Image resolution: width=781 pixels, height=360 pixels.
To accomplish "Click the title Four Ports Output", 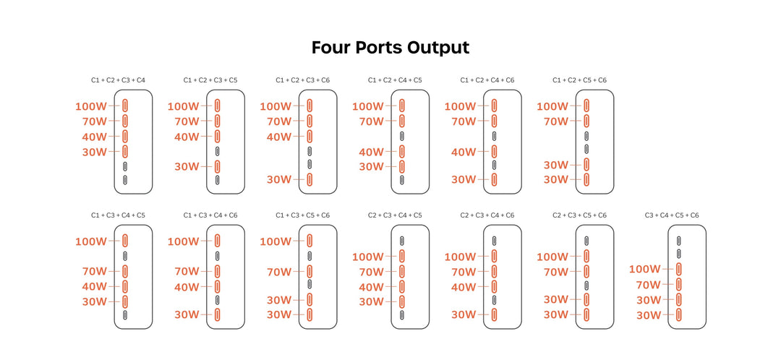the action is [x=390, y=47].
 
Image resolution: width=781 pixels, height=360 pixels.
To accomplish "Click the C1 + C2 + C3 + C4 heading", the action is [x=118, y=80].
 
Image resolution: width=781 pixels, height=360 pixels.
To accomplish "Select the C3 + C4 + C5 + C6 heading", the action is [x=672, y=215].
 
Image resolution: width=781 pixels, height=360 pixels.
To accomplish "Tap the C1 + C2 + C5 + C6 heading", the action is [x=580, y=80].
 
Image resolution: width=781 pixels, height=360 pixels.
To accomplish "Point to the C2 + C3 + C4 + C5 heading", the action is [x=395, y=215].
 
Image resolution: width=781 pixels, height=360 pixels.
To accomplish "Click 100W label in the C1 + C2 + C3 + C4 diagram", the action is [x=90, y=106].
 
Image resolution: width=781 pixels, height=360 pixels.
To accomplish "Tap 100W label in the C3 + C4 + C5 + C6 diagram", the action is [x=644, y=269].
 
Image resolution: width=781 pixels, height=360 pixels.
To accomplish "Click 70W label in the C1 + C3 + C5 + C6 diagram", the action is [x=279, y=272].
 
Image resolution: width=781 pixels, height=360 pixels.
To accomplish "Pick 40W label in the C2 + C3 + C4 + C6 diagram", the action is [x=464, y=287].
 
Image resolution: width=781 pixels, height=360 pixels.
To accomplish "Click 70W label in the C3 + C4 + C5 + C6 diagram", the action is [x=648, y=285].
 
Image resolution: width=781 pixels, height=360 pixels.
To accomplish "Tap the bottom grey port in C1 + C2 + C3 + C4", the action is [x=125, y=180].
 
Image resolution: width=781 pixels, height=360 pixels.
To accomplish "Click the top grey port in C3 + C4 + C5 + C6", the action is [x=679, y=241].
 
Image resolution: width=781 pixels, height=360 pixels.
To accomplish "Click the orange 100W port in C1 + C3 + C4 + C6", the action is [x=217, y=241].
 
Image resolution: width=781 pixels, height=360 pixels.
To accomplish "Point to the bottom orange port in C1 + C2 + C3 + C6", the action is [x=310, y=180].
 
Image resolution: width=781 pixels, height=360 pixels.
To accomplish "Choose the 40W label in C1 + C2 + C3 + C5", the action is [x=187, y=137].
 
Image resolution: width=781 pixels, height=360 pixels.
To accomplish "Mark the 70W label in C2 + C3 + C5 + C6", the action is [x=556, y=272].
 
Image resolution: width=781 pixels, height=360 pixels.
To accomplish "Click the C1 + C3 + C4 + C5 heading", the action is [x=118, y=215].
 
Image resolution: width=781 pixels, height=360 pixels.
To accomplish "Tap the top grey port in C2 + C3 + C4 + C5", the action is [x=402, y=241].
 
